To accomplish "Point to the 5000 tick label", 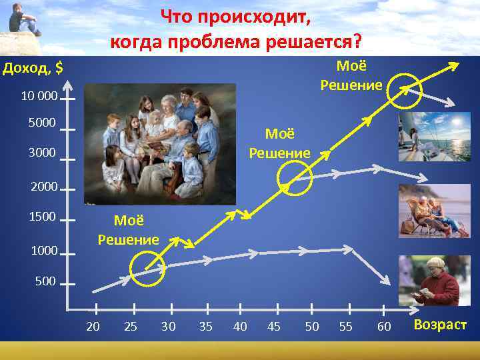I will pyautogui.click(x=43, y=123).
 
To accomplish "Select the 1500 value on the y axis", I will pyautogui.click(x=43, y=217).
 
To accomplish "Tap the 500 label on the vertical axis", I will pyautogui.click(x=45, y=281).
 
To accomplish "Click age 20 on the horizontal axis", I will pyautogui.click(x=93, y=326).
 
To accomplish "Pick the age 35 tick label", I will pyautogui.click(x=206, y=326).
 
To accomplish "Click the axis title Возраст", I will pyautogui.click(x=440, y=325).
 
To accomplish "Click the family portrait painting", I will pyautogui.click(x=160, y=143).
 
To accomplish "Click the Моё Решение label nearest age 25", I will pyautogui.click(x=128, y=229).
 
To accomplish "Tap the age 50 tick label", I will pyautogui.click(x=311, y=326).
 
